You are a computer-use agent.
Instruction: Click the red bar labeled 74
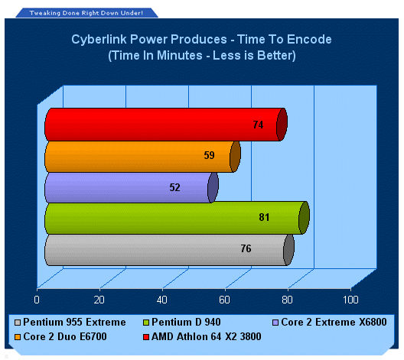(x=166, y=125)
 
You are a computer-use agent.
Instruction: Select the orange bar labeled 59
(x=142, y=157)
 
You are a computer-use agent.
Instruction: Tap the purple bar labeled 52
(x=132, y=187)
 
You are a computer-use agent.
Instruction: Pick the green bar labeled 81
(x=177, y=218)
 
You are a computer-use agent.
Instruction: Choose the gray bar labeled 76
(x=169, y=250)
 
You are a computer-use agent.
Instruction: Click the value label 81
(x=264, y=217)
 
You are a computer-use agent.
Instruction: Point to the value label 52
(x=174, y=187)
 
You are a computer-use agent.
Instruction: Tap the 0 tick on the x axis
(x=37, y=300)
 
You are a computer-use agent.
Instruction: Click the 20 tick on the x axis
(x=99, y=300)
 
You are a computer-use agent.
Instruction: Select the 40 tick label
(x=162, y=300)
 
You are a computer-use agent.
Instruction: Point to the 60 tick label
(x=224, y=300)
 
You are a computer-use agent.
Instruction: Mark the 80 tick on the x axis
(x=287, y=300)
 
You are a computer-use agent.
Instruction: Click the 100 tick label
(x=350, y=300)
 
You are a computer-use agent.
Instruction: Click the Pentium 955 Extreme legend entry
(x=70, y=323)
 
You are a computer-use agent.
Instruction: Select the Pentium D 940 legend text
(x=186, y=323)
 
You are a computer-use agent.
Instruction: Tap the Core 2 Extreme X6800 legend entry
(x=330, y=323)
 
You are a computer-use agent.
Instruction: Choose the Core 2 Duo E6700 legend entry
(x=60, y=336)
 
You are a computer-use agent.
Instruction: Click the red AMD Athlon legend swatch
(x=146, y=337)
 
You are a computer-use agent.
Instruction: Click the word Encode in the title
(x=309, y=40)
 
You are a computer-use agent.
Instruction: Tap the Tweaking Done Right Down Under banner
(x=86, y=13)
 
